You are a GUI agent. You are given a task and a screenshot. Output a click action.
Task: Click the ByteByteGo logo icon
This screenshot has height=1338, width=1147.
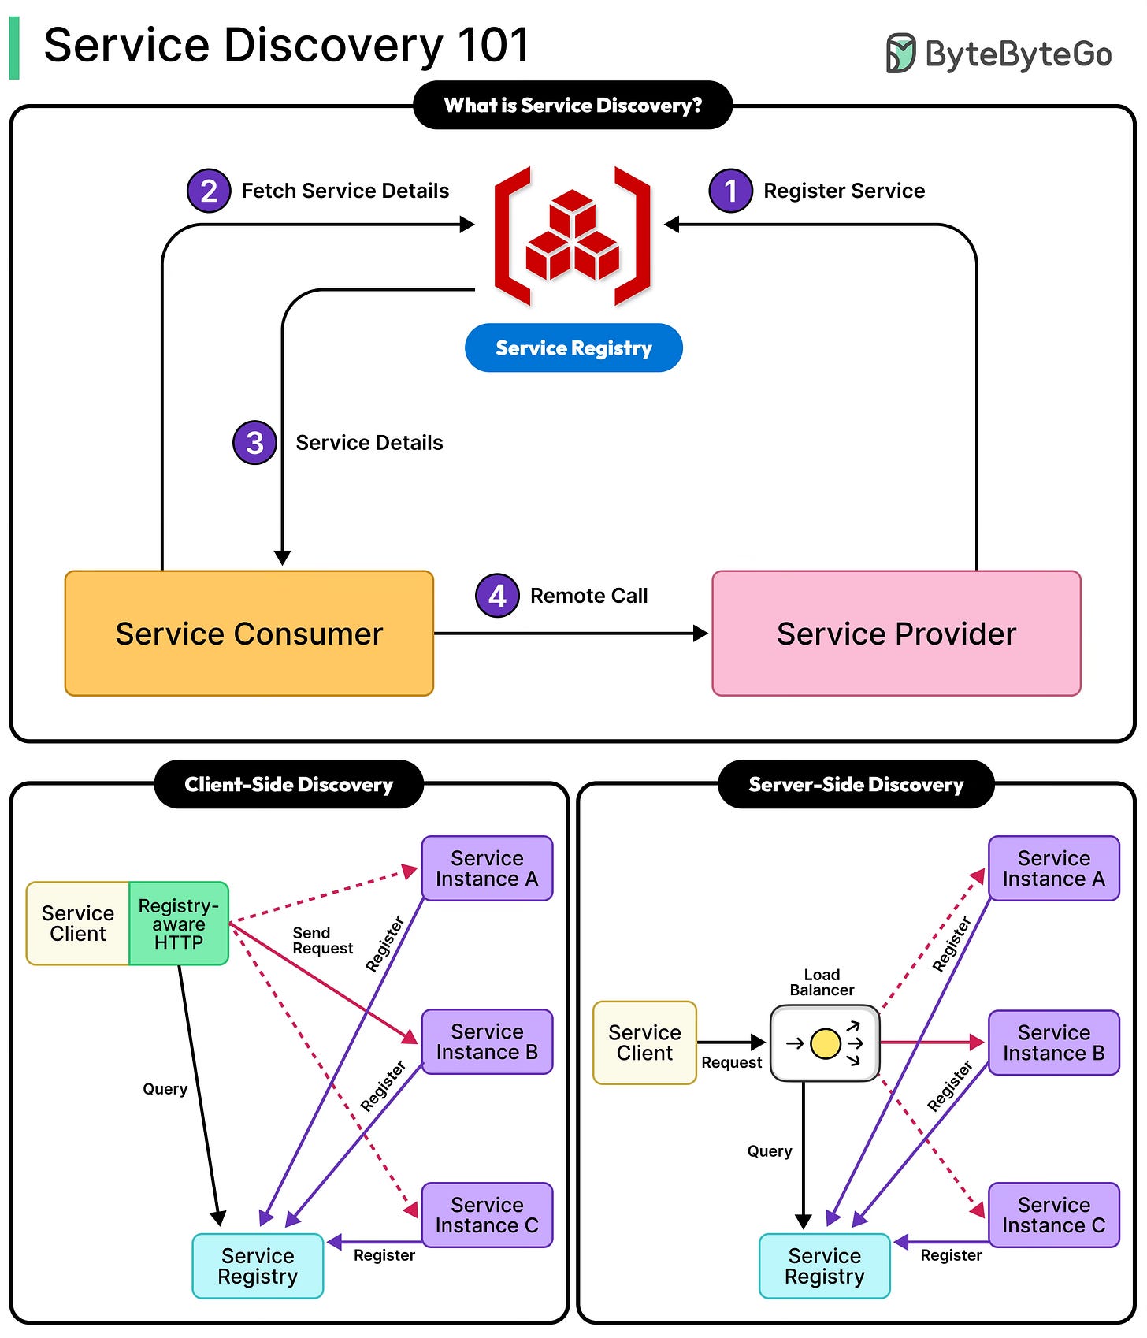tap(900, 54)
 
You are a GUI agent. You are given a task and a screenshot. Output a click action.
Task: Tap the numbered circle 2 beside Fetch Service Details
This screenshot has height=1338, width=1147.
tap(209, 191)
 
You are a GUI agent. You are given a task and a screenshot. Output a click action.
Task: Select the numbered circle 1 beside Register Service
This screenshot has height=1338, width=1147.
tap(730, 191)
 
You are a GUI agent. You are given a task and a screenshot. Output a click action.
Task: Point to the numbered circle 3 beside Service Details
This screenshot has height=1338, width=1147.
tap(254, 443)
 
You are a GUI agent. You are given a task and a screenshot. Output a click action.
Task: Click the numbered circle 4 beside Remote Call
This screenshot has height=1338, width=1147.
tap(497, 596)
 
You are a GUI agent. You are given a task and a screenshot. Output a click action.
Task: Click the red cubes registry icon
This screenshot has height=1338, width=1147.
tap(573, 236)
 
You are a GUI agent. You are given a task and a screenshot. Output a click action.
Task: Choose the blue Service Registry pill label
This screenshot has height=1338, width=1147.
tap(573, 348)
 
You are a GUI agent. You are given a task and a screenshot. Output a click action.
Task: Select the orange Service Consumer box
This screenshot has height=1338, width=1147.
tap(249, 634)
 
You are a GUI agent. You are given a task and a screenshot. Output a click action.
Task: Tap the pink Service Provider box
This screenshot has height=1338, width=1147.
tap(896, 634)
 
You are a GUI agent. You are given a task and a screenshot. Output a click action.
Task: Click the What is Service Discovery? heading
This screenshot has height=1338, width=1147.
tap(573, 106)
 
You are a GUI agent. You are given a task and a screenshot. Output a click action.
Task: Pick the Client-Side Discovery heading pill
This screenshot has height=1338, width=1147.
tap(288, 785)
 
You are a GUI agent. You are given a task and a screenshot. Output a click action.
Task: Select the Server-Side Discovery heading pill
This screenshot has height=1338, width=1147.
tap(856, 785)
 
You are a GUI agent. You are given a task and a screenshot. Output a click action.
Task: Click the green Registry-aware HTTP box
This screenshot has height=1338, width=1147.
tap(179, 924)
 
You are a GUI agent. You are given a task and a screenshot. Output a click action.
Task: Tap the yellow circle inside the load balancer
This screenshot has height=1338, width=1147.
tap(825, 1043)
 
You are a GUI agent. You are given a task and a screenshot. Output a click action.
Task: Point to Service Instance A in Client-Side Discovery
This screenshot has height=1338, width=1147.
tap(487, 868)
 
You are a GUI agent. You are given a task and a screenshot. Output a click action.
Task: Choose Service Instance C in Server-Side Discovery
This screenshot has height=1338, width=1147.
tap(1053, 1215)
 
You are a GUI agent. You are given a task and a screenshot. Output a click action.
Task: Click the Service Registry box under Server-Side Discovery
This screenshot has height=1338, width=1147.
tap(824, 1266)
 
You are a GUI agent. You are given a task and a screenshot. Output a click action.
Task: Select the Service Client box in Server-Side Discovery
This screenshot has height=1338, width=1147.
tap(644, 1043)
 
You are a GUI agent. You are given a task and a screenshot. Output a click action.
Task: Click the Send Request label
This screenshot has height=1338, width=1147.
tap(322, 941)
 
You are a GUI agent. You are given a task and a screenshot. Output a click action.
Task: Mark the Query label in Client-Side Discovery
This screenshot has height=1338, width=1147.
tap(165, 1089)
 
